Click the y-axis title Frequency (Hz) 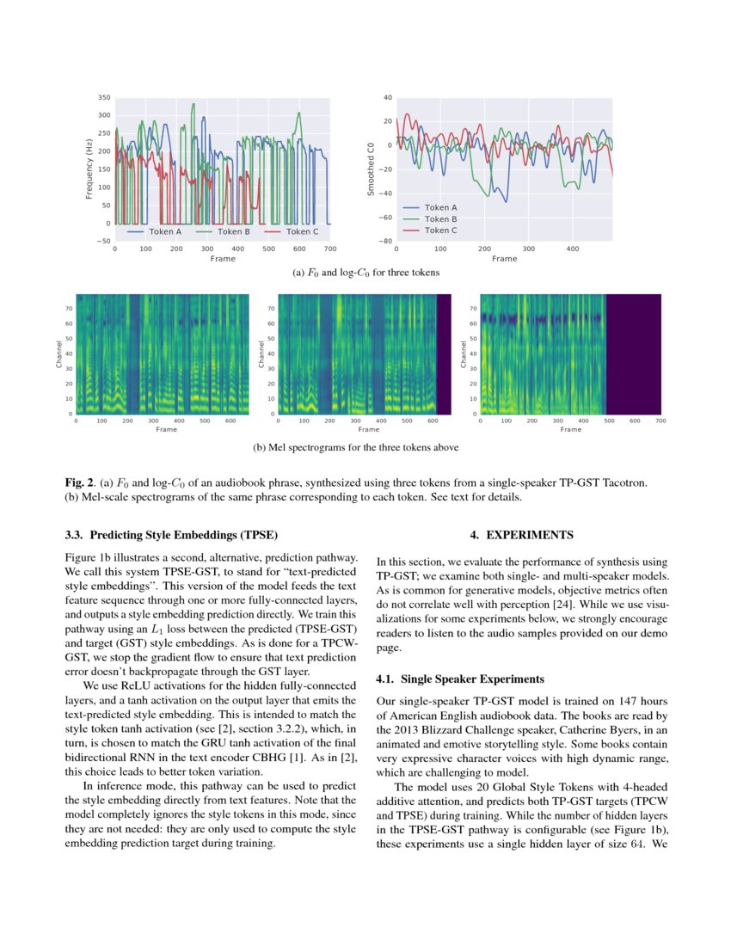coord(89,169)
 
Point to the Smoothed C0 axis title coord(371,169)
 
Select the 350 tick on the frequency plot coord(105,97)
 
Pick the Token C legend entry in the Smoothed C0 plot coord(440,230)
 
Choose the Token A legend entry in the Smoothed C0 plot coord(440,207)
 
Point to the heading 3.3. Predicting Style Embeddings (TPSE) coord(171,535)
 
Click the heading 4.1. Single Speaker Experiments coord(460,679)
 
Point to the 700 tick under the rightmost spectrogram coord(660,421)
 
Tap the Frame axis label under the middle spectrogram coord(368,429)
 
